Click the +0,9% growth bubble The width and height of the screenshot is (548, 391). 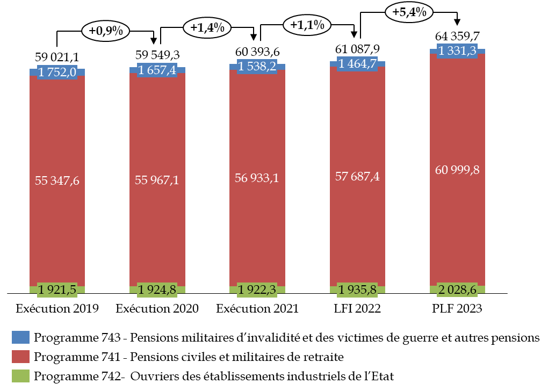[x=105, y=31]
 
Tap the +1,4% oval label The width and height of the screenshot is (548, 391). [x=207, y=27]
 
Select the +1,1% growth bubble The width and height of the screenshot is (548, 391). [x=307, y=25]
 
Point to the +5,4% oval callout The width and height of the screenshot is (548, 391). [x=409, y=12]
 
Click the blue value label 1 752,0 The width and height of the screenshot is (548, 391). [x=57, y=72]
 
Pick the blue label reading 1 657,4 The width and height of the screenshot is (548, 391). [x=157, y=70]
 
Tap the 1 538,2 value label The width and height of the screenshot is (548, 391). [x=257, y=67]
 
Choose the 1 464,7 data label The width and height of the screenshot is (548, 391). [x=357, y=63]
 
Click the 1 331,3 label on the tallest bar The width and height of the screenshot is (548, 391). [x=457, y=51]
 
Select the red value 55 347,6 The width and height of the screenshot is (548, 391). [x=57, y=180]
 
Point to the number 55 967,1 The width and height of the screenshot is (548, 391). [x=157, y=180]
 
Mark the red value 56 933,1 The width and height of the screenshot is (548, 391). [x=257, y=178]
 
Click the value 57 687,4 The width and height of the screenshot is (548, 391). [x=357, y=176]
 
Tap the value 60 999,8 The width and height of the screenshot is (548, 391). [x=457, y=170]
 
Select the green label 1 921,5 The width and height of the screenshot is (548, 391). [x=57, y=290]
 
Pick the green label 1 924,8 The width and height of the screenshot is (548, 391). [x=157, y=290]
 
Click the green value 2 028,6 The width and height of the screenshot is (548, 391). [x=457, y=290]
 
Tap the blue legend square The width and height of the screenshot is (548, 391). [x=20, y=337]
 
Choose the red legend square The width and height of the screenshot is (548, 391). [x=20, y=357]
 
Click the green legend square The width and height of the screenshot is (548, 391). [x=20, y=376]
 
